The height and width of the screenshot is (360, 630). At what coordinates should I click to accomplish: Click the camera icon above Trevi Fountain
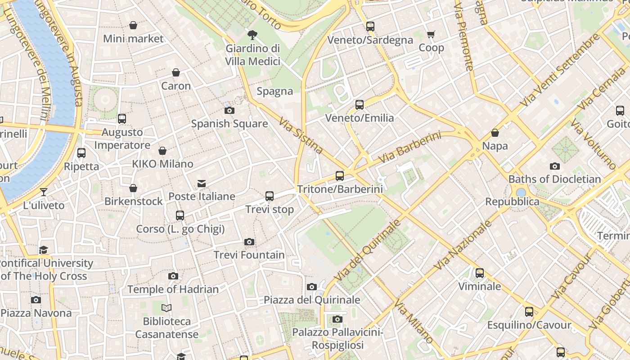tap(249, 242)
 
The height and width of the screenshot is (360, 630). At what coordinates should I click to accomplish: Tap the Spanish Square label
tap(229, 124)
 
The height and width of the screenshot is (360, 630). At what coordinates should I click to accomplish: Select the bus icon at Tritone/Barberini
tap(340, 176)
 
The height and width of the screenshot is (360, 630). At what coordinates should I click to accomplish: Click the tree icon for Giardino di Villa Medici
tap(252, 35)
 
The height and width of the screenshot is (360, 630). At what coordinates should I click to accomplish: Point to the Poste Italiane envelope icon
tap(202, 184)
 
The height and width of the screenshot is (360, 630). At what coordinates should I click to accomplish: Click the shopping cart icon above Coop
tap(431, 35)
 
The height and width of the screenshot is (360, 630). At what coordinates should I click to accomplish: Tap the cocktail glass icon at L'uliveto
tap(44, 192)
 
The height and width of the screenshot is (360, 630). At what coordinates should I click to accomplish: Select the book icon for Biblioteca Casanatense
tap(166, 308)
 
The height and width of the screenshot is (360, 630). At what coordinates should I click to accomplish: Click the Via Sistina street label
tap(300, 136)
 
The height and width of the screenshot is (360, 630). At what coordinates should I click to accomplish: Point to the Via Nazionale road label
tap(462, 245)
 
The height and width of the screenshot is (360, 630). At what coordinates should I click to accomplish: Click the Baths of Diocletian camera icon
tap(554, 166)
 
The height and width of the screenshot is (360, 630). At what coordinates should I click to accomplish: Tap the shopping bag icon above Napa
tap(495, 133)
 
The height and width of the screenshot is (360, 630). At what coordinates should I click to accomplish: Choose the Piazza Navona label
tap(36, 313)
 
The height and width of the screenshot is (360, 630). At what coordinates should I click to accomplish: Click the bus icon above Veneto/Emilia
tap(359, 105)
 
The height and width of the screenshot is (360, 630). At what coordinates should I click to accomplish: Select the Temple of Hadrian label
tap(173, 289)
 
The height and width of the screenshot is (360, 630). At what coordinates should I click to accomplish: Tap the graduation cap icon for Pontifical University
tap(44, 250)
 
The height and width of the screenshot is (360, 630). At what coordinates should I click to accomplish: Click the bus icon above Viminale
tap(480, 273)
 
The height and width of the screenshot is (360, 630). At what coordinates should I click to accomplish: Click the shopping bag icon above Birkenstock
tap(133, 188)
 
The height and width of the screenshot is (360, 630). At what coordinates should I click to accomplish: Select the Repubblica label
tap(512, 202)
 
